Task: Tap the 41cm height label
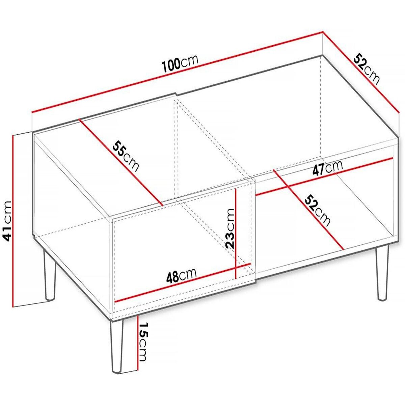[7, 221]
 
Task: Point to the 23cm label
[230, 228]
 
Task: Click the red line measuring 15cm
[139, 343]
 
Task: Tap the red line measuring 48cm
[182, 282]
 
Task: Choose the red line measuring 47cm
[324, 175]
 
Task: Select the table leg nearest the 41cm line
[49, 277]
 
